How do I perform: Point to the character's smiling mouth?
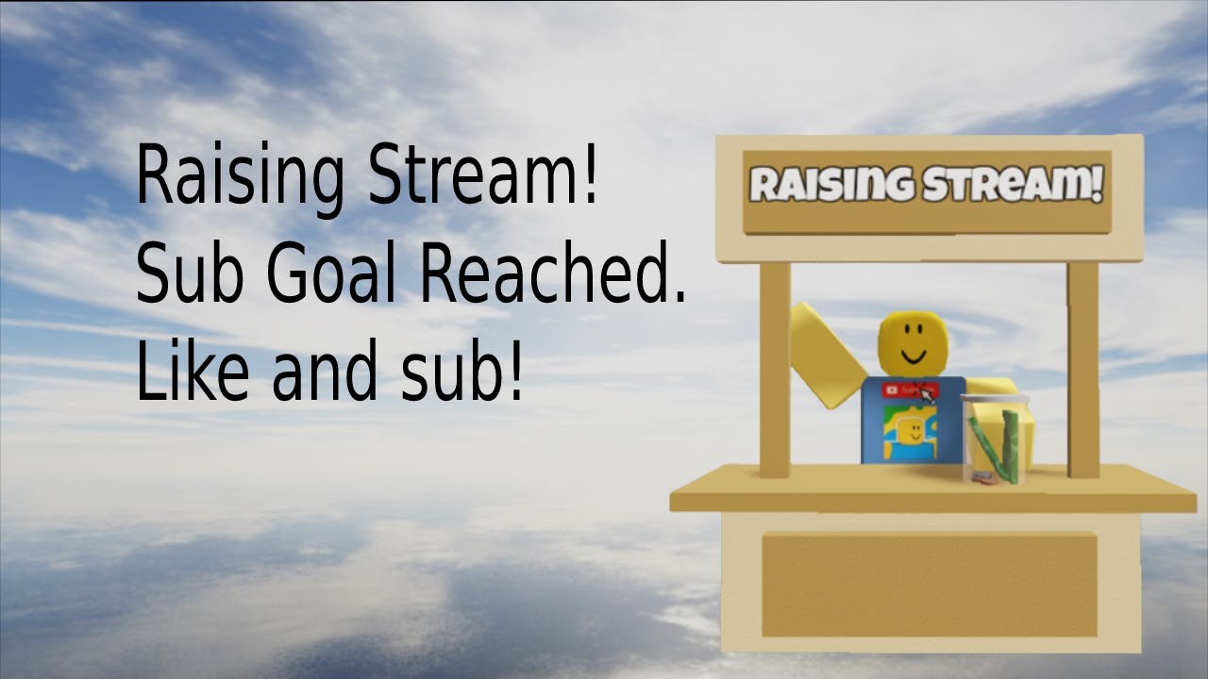click(x=913, y=359)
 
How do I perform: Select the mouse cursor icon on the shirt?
click(x=928, y=393)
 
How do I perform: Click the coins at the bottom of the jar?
click(x=984, y=478)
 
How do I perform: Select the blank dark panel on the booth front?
click(x=930, y=585)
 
